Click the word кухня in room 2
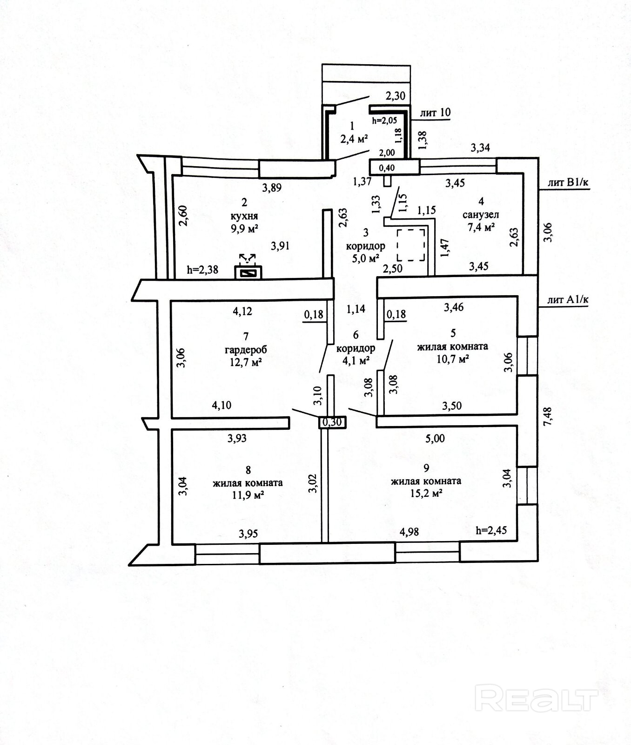243,216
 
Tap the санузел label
481,215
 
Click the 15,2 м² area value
426,493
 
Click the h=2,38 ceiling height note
202,270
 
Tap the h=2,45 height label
491,530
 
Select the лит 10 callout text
435,113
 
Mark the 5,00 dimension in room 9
435,438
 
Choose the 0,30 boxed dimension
332,422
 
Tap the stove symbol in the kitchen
248,271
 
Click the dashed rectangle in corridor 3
411,245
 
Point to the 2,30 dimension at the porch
396,96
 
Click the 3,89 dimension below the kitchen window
272,188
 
